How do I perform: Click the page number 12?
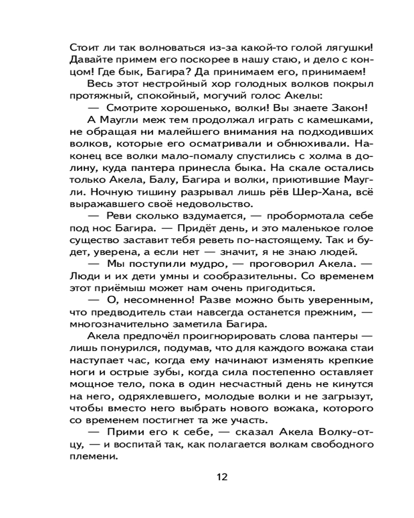(222, 477)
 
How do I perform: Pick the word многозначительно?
(119, 325)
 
